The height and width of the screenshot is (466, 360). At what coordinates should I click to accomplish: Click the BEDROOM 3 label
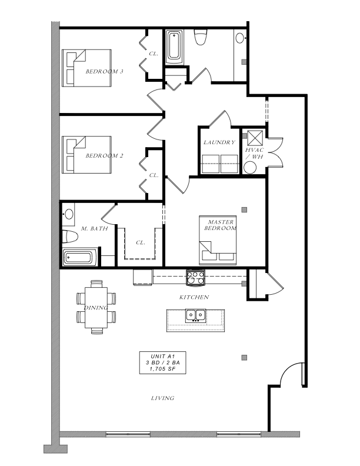[104, 71]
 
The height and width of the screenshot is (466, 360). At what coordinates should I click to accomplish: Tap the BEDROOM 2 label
[104, 156]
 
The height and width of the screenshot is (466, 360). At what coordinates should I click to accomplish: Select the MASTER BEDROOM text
[220, 225]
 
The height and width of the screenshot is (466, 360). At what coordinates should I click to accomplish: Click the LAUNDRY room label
[219, 142]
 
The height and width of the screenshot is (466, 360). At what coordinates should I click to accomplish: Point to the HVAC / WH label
[254, 154]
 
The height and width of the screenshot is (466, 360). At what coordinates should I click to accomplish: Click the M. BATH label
[95, 228]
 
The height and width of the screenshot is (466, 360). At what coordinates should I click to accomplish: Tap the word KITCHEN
[194, 297]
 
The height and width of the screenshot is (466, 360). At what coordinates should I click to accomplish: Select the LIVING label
[162, 398]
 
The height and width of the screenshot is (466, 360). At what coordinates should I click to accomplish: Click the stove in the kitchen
[195, 278]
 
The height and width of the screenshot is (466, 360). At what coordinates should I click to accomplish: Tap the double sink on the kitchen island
[195, 315]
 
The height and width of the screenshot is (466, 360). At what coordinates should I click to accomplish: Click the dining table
[96, 307]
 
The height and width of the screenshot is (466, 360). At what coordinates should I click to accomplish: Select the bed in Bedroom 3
[86, 68]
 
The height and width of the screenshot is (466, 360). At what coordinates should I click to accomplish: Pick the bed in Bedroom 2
[86, 155]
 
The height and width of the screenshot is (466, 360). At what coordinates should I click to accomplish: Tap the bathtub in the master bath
[78, 257]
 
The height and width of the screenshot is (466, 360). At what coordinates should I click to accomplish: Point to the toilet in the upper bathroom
[200, 37]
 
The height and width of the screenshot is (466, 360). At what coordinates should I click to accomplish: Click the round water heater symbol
[250, 168]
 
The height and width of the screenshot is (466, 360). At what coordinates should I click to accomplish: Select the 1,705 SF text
[162, 369]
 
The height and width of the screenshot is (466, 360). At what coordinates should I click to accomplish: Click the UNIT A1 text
[163, 357]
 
